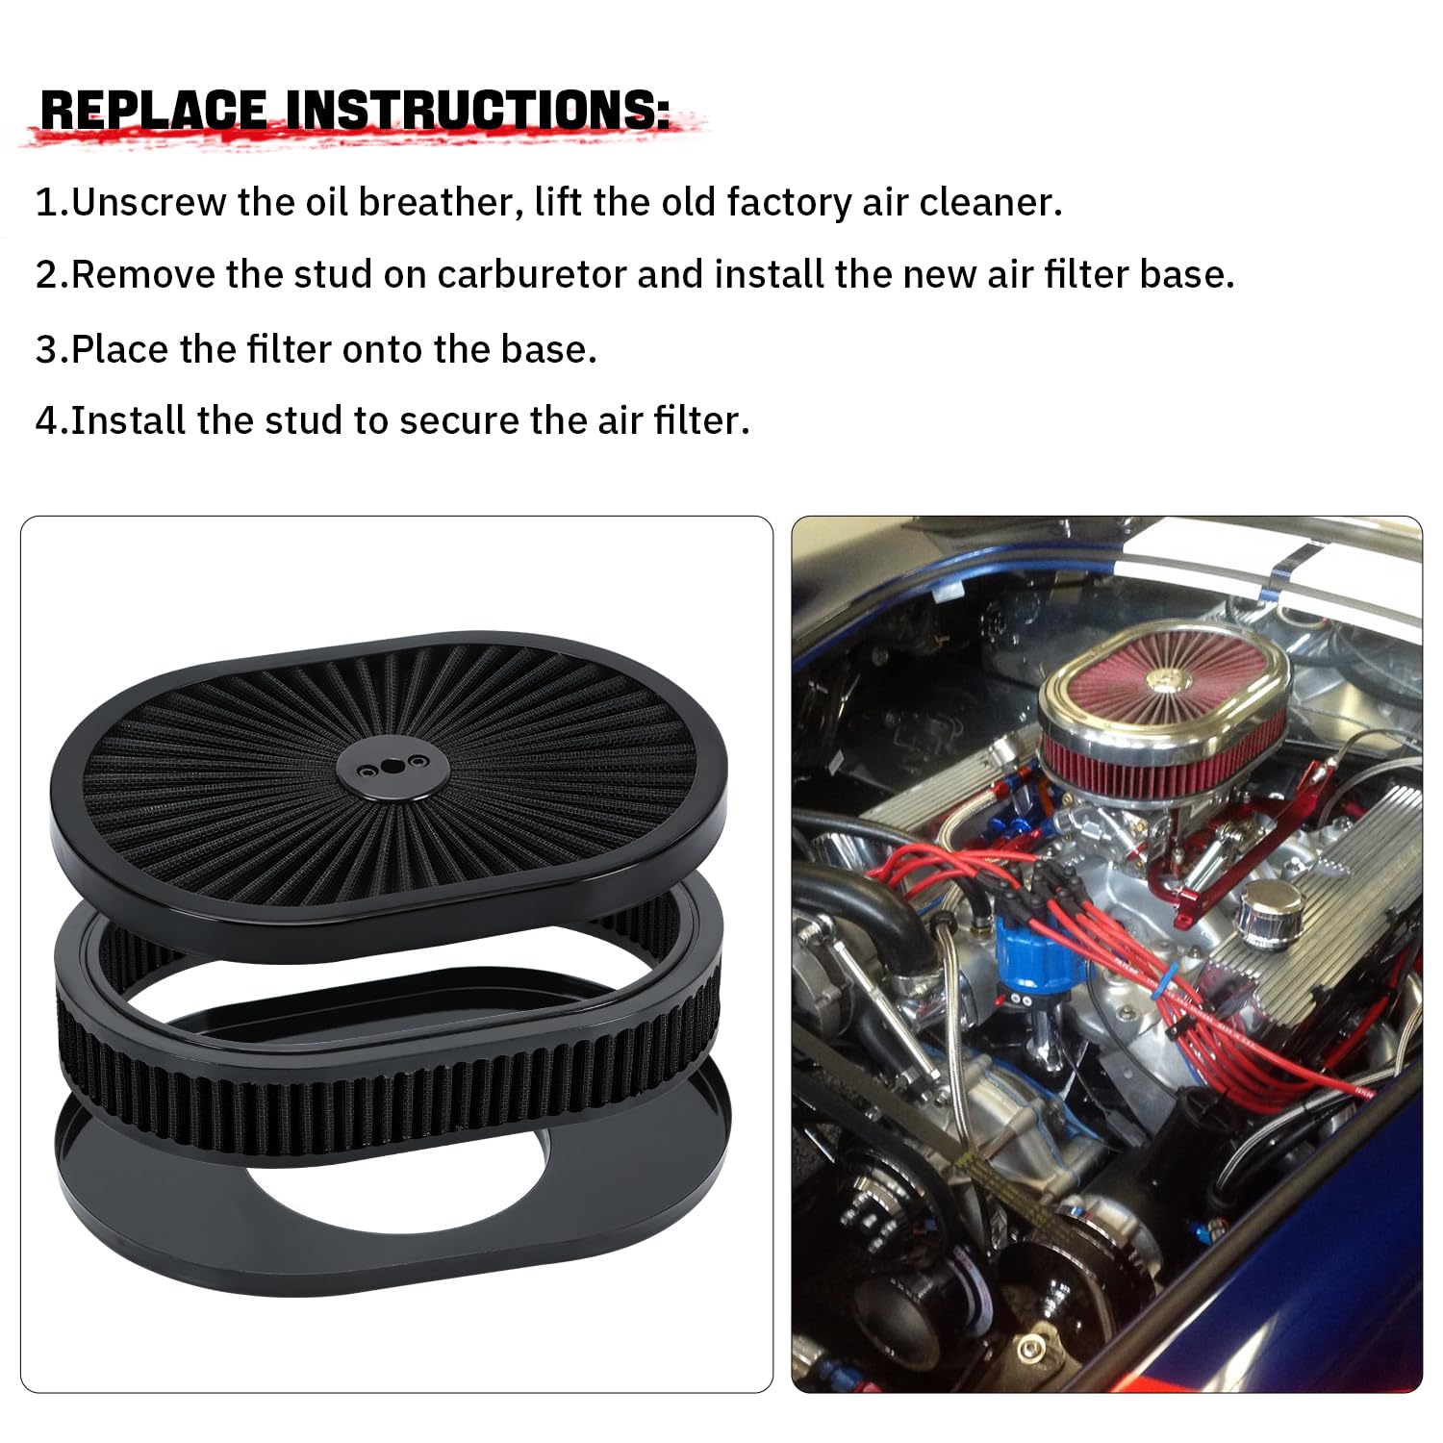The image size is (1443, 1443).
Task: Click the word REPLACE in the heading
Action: point(154,112)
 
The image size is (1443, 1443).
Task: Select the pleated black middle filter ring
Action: point(385,1087)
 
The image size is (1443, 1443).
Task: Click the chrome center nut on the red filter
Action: point(1163,679)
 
